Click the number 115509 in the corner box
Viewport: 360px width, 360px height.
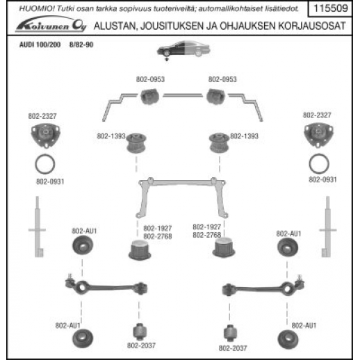coord(331,8)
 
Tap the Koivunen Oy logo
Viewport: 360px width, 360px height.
coord(51,24)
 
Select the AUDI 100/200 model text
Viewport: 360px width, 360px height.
coord(40,44)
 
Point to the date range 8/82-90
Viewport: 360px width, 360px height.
coord(81,44)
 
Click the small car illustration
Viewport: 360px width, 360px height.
coord(183,49)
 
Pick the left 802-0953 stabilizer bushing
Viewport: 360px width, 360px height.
coord(149,96)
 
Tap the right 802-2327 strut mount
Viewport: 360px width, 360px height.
coord(318,135)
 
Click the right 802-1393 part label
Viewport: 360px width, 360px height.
coord(244,136)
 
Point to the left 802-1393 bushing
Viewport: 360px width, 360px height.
coord(136,143)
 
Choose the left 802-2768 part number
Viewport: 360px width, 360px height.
coord(158,236)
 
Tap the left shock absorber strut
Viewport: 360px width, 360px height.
coord(38,227)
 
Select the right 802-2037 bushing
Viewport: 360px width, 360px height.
coord(229,333)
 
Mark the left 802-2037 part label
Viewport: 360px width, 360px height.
coord(141,345)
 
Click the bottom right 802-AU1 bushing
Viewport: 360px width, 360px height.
coord(288,339)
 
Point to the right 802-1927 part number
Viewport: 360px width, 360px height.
coord(206,227)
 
